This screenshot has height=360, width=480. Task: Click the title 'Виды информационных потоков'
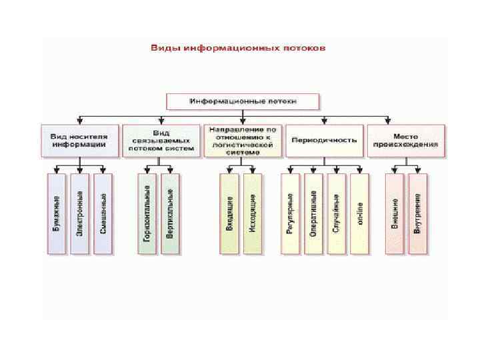pyautogui.click(x=238, y=49)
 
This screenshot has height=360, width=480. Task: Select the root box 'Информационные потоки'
pyautogui.click(x=243, y=102)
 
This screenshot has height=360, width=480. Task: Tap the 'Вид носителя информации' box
pyautogui.click(x=79, y=140)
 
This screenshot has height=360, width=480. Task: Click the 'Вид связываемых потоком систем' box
pyautogui.click(x=161, y=140)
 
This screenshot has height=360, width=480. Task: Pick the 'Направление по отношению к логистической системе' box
pyautogui.click(x=242, y=140)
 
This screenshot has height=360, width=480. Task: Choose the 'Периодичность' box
pyautogui.click(x=324, y=140)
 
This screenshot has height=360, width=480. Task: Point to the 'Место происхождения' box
pyautogui.click(x=405, y=140)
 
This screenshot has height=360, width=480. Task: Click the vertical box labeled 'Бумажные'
pyautogui.click(x=57, y=213)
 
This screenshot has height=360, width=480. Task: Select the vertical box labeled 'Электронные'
pyautogui.click(x=79, y=213)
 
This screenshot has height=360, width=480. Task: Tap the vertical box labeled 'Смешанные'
pyautogui.click(x=103, y=213)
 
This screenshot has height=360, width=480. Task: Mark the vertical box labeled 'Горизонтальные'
pyautogui.click(x=147, y=213)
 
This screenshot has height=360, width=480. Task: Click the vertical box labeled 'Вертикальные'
pyautogui.click(x=171, y=213)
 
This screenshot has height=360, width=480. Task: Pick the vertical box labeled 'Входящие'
pyautogui.click(x=229, y=213)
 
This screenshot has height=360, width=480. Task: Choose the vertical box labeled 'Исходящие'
pyautogui.click(x=253, y=213)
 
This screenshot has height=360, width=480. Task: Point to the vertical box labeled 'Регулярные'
pyautogui.click(x=290, y=213)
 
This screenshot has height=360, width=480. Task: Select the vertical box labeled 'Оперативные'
pyautogui.click(x=313, y=213)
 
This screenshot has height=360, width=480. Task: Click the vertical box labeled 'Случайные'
pyautogui.click(x=336, y=213)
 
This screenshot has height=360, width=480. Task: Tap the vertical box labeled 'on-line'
pyautogui.click(x=359, y=213)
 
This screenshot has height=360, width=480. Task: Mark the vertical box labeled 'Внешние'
pyautogui.click(x=395, y=213)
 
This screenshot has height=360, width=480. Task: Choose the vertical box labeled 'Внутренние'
pyautogui.click(x=417, y=213)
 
